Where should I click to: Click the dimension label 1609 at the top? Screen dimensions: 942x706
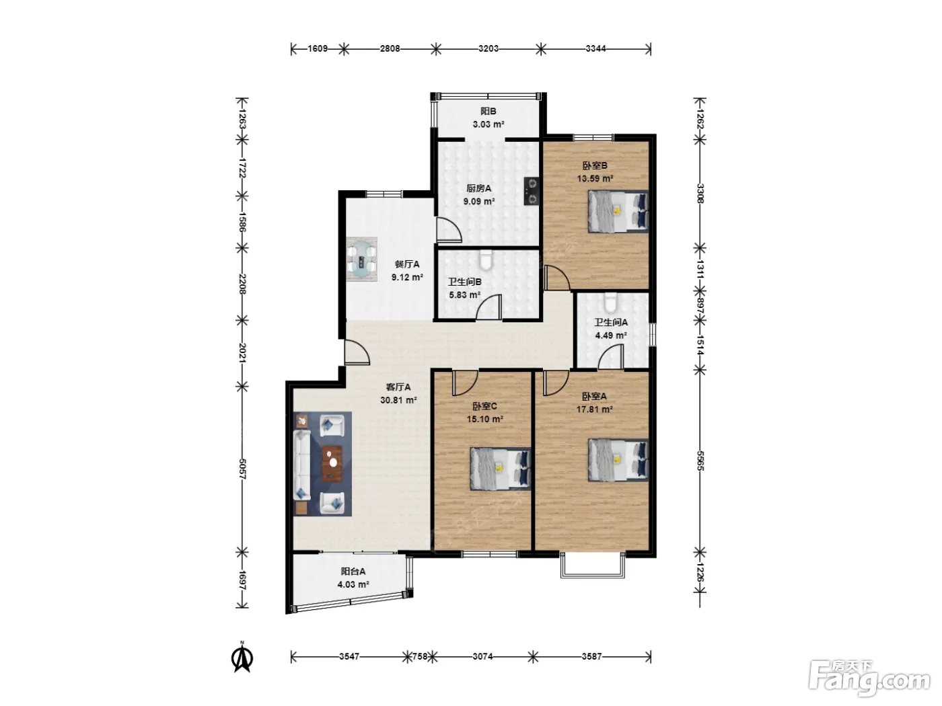click(318, 48)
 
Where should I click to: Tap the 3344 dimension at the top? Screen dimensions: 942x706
click(595, 48)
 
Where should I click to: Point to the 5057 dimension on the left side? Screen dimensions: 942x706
click(242, 469)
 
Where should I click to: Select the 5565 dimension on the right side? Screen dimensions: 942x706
click(700, 461)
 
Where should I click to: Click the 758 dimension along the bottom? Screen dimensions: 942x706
click(420, 656)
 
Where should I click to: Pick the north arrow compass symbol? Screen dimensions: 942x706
click(242, 658)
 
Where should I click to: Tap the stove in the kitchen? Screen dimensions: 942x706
click(532, 191)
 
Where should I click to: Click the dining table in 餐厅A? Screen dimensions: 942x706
click(362, 260)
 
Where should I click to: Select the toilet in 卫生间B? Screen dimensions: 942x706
click(485, 260)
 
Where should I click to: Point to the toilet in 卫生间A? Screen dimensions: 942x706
click(610, 303)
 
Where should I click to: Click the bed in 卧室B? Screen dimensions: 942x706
click(618, 212)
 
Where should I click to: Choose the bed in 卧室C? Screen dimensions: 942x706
click(501, 469)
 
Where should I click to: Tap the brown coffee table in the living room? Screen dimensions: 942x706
click(332, 464)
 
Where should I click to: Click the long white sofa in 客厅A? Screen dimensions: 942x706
click(301, 465)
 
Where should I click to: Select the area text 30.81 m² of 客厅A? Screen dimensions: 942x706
click(399, 400)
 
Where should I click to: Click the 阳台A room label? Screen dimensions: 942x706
click(353, 572)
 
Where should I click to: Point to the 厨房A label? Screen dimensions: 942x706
click(479, 188)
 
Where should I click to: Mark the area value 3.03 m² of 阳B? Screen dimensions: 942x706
click(488, 124)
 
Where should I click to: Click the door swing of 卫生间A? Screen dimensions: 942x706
click(610, 356)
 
